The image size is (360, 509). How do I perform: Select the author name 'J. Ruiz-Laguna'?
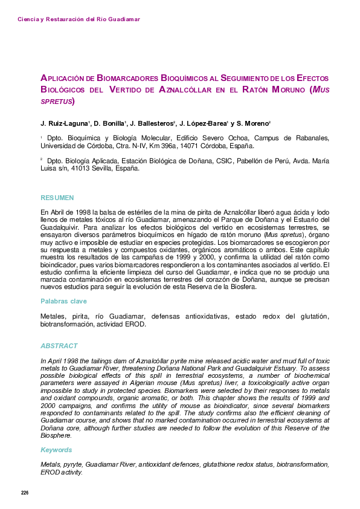[65, 123]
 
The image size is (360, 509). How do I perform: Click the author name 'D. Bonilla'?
[109, 123]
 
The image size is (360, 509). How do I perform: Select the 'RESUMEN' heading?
[57, 198]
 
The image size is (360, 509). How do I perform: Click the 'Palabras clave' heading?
[63, 301]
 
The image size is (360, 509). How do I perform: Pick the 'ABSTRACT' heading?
[59, 346]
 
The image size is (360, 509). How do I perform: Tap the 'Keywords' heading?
[56, 450]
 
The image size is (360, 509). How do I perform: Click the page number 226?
[25, 493]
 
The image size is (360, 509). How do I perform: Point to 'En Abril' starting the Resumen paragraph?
[52, 212]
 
